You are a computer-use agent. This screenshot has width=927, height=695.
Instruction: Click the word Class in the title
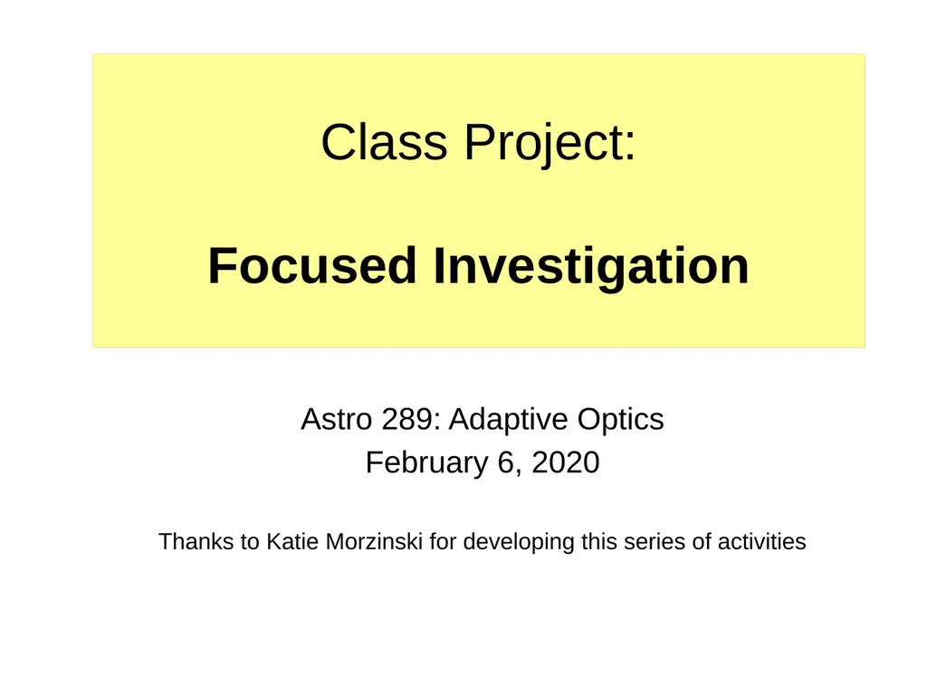pyautogui.click(x=384, y=143)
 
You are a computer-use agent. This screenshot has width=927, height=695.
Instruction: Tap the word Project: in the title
pyautogui.click(x=550, y=143)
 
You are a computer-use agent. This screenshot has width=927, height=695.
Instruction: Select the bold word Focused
pyautogui.click(x=312, y=266)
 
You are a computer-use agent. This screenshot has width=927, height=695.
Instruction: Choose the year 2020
pyautogui.click(x=565, y=463)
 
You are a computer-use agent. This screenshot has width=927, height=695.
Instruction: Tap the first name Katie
pyautogui.click(x=288, y=542)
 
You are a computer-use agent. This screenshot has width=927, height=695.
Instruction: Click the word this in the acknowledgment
pyautogui.click(x=599, y=542)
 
